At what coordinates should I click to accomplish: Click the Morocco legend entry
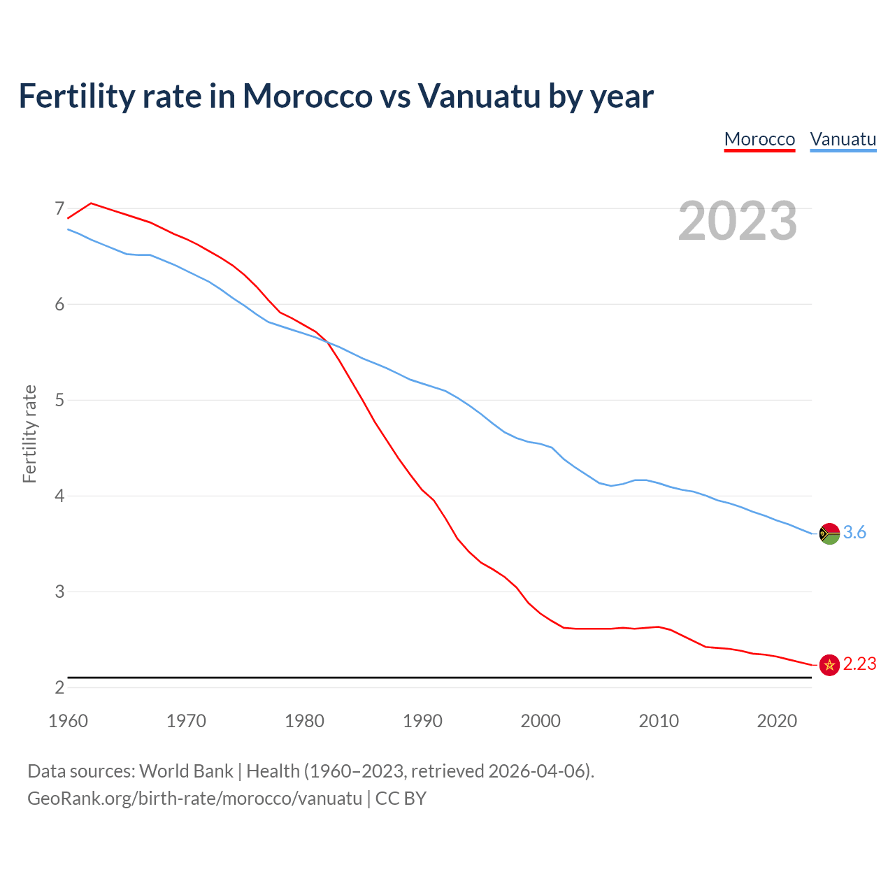click(759, 139)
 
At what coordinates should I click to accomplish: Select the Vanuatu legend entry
click(843, 139)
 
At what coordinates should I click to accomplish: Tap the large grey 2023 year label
click(737, 221)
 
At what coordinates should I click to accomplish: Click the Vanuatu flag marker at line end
click(829, 534)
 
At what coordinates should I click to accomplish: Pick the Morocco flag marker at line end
click(829, 665)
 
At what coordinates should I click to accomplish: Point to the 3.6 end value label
click(854, 533)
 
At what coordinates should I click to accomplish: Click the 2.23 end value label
click(859, 664)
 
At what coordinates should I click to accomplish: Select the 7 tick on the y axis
click(59, 208)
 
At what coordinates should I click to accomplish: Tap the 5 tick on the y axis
click(59, 400)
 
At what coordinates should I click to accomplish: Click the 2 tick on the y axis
click(59, 687)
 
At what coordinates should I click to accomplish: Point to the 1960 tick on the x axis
click(68, 721)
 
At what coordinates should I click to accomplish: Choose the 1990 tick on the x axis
click(422, 721)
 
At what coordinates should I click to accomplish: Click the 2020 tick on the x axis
click(777, 721)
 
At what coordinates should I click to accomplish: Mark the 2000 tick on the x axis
click(540, 721)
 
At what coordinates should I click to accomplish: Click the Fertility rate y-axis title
click(29, 434)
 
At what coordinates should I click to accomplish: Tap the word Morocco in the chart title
click(307, 96)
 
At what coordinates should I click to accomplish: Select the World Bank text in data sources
click(186, 771)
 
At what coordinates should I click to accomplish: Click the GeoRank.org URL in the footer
click(194, 799)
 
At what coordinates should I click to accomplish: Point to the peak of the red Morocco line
click(91, 203)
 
